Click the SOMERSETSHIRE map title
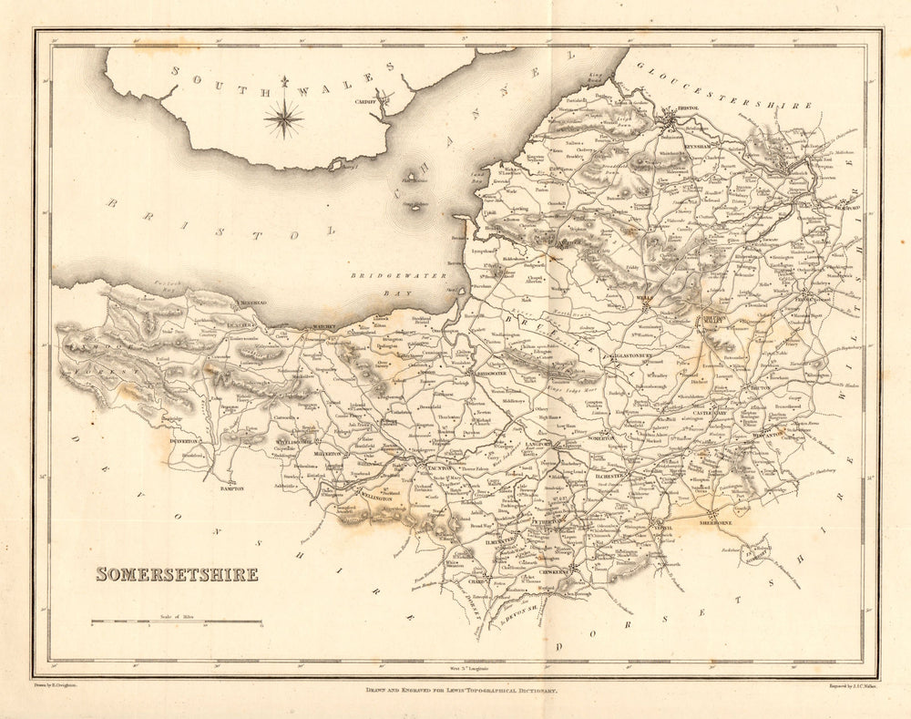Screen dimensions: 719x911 (177, 574)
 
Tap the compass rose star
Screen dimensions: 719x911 (284, 118)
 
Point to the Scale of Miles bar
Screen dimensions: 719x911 (176, 622)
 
